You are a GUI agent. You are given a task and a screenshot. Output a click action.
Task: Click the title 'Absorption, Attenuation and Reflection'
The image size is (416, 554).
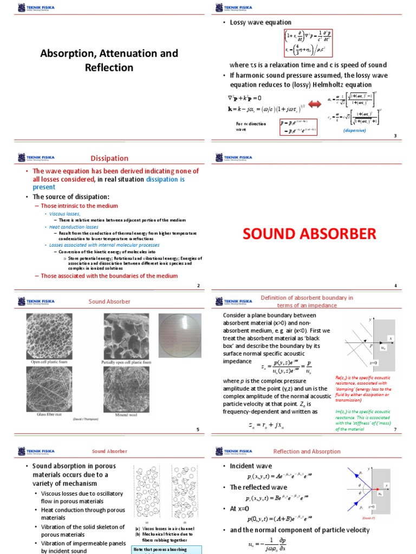click(x=109, y=61)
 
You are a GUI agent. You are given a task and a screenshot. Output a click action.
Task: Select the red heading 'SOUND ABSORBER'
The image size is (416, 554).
click(x=309, y=234)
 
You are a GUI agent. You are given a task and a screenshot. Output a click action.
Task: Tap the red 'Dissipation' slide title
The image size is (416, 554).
click(x=109, y=159)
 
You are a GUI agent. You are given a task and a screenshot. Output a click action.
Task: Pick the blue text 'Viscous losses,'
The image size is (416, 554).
click(x=68, y=214)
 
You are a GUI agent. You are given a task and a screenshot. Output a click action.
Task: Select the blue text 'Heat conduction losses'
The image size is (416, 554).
click(x=74, y=227)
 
